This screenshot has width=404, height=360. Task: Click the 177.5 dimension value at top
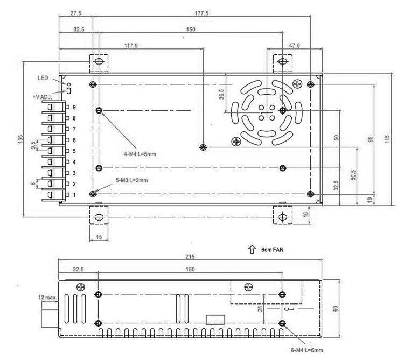point(201,13)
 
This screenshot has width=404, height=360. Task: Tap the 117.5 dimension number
point(131,46)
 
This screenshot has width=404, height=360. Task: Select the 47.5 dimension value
point(294,46)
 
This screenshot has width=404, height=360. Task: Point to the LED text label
point(43,77)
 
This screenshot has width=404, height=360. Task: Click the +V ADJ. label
point(43,97)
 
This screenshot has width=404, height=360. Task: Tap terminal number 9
point(74,107)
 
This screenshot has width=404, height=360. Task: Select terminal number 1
point(74,195)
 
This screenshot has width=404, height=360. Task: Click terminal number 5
point(74,151)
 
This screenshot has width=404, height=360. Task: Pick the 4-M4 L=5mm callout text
point(140,154)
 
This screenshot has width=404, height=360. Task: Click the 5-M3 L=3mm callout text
point(131,180)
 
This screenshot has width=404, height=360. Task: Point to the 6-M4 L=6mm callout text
point(307,350)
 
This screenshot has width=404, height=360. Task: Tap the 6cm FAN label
point(273,250)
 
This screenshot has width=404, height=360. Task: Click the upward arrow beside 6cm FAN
point(252,249)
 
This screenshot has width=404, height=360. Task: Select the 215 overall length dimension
point(190,257)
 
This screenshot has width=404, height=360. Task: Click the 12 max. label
point(47,298)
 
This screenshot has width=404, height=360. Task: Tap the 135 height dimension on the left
point(20,139)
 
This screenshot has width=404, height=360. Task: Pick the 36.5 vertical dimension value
point(221,94)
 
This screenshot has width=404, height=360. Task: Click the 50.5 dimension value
point(353,175)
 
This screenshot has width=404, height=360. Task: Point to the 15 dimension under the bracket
point(99,237)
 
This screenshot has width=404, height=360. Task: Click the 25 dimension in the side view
point(260,308)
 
